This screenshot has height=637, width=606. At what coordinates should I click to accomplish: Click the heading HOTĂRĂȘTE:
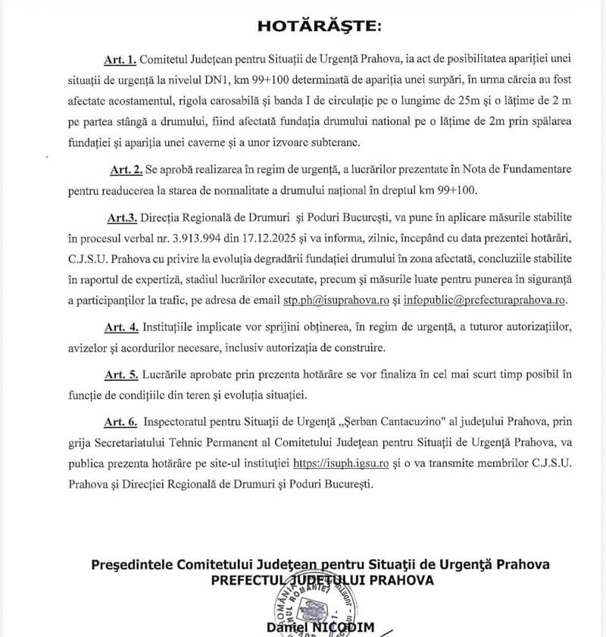(x=320, y=27)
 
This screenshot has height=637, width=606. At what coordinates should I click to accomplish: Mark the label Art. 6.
(x=122, y=421)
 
